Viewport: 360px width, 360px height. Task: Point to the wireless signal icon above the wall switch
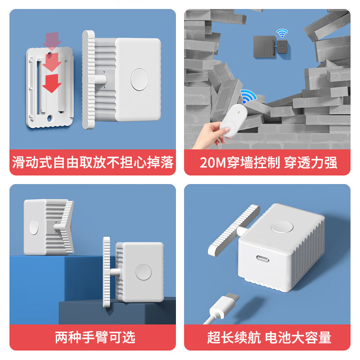[x=282, y=33]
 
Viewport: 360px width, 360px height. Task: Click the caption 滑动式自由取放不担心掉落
[x=93, y=162]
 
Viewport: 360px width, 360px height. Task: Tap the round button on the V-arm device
[x=34, y=227]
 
